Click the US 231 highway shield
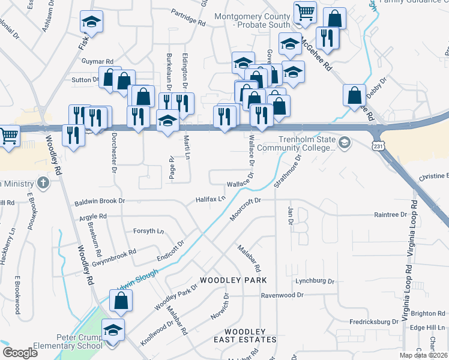coord(378,146)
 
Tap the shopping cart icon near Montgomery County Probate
coord(305,12)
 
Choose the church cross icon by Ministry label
coord(43,182)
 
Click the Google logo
coord(20,353)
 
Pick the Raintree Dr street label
coord(390,214)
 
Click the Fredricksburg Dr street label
coord(375,322)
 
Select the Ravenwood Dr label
coord(283,295)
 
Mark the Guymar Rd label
coord(97,62)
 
